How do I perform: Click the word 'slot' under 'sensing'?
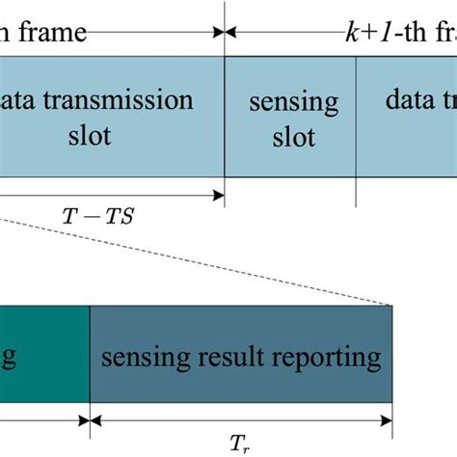[293, 137]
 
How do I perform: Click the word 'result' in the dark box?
[247, 359]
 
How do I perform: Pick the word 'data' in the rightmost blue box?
[410, 101]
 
